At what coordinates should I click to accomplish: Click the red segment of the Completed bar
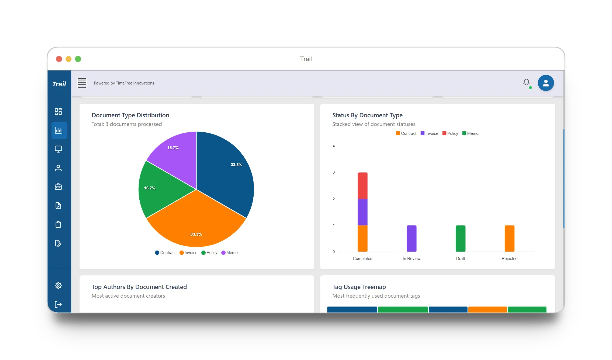pyautogui.click(x=362, y=186)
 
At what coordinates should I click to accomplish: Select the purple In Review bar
pyautogui.click(x=411, y=238)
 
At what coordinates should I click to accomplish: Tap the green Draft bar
pyautogui.click(x=460, y=238)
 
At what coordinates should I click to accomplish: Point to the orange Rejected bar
pyautogui.click(x=509, y=238)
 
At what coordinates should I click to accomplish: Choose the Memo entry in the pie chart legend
pyautogui.click(x=229, y=253)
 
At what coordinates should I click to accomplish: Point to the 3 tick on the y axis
pyautogui.click(x=334, y=172)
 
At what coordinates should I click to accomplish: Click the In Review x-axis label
pyautogui.click(x=411, y=259)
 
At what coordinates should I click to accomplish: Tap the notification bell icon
pyautogui.click(x=526, y=82)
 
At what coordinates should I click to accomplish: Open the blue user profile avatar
pyautogui.click(x=546, y=83)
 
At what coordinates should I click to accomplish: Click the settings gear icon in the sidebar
pyautogui.click(x=58, y=285)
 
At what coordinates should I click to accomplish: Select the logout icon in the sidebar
pyautogui.click(x=58, y=304)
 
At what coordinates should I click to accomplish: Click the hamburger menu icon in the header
pyautogui.click(x=82, y=83)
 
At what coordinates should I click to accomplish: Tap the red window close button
pyautogui.click(x=59, y=59)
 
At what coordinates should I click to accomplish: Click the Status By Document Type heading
pyautogui.click(x=367, y=115)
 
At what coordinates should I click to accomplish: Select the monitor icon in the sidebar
pyautogui.click(x=58, y=149)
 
